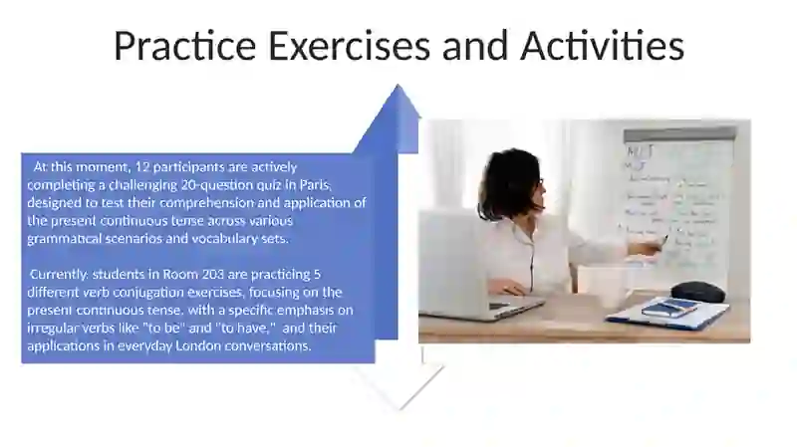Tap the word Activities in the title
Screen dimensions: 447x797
[602, 46]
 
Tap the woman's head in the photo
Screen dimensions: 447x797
[514, 184]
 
